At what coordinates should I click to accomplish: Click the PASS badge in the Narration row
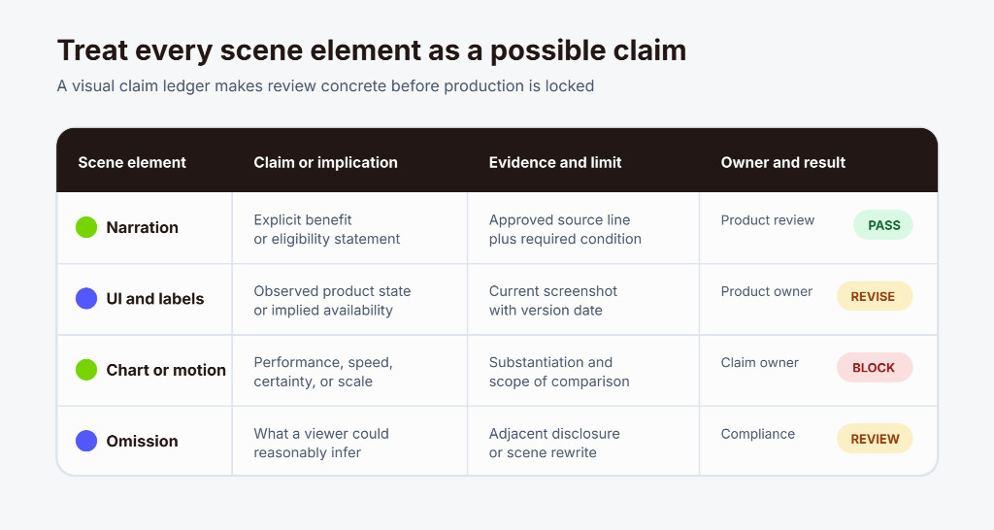(x=883, y=225)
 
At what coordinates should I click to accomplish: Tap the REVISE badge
(x=875, y=296)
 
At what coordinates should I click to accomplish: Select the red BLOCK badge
(x=875, y=367)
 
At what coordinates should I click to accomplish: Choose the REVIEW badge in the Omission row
(x=875, y=439)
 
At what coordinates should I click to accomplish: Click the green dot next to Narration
(x=86, y=227)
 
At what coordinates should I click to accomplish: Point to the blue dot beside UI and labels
(x=86, y=298)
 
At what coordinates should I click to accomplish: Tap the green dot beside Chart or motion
(x=86, y=370)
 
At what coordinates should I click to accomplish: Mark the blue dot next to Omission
(x=86, y=441)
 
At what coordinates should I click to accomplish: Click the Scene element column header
(x=132, y=162)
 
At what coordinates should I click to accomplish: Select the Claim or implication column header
(x=326, y=162)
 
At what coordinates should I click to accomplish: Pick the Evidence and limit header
(x=555, y=162)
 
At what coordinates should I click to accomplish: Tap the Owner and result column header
(x=783, y=162)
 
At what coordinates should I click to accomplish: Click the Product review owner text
(x=768, y=220)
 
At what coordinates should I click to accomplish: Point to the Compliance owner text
(x=757, y=434)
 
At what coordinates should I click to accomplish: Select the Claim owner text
(x=759, y=363)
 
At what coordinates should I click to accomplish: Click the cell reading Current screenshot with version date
(x=552, y=301)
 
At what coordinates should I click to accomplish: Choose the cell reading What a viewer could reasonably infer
(x=321, y=444)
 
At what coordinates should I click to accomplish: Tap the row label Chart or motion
(x=166, y=370)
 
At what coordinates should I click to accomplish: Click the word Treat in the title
(x=92, y=50)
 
